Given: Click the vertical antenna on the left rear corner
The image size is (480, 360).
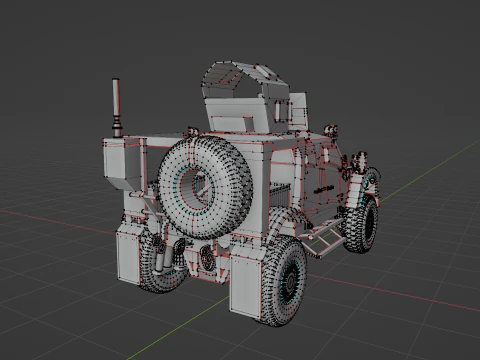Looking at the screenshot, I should (x=116, y=105).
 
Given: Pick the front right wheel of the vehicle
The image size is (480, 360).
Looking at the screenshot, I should (x=362, y=223).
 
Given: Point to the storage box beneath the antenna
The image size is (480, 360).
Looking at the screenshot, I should (x=126, y=160).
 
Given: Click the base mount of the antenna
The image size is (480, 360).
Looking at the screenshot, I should (x=117, y=131).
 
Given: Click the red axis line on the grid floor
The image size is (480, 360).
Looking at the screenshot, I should (x=400, y=296).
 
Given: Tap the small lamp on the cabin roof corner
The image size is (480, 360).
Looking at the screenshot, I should (x=330, y=129).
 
